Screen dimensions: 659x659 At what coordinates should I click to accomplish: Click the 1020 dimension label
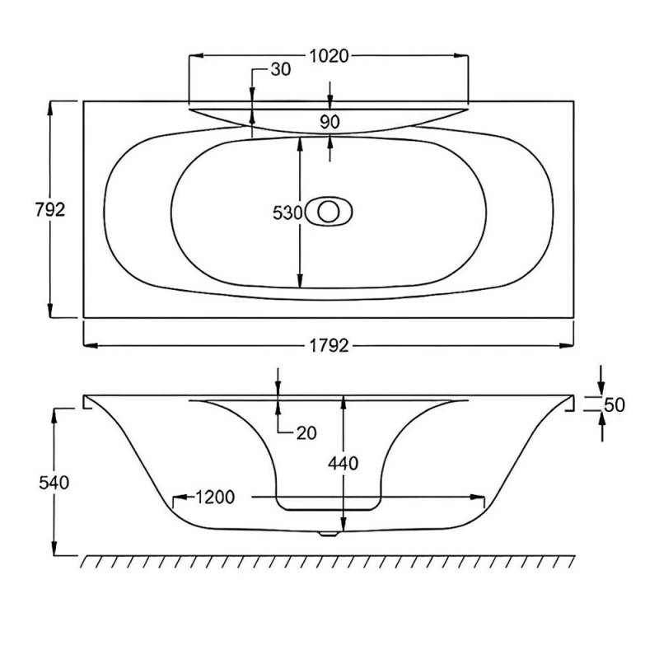[329, 56]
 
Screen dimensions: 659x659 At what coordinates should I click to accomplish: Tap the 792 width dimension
[50, 209]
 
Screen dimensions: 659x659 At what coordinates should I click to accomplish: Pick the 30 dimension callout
[280, 70]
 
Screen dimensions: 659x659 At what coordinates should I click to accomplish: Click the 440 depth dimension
[344, 463]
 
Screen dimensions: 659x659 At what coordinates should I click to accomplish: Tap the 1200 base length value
[216, 498]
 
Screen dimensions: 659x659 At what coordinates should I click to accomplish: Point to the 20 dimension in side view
[306, 432]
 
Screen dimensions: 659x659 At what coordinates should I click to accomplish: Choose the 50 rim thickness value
[615, 404]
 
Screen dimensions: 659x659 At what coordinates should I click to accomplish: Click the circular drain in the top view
[329, 212]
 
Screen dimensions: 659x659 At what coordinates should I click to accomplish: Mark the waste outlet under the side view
[329, 534]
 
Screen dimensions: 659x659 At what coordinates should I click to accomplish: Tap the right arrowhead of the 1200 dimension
[479, 498]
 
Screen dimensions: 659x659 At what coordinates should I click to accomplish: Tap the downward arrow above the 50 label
[601, 388]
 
